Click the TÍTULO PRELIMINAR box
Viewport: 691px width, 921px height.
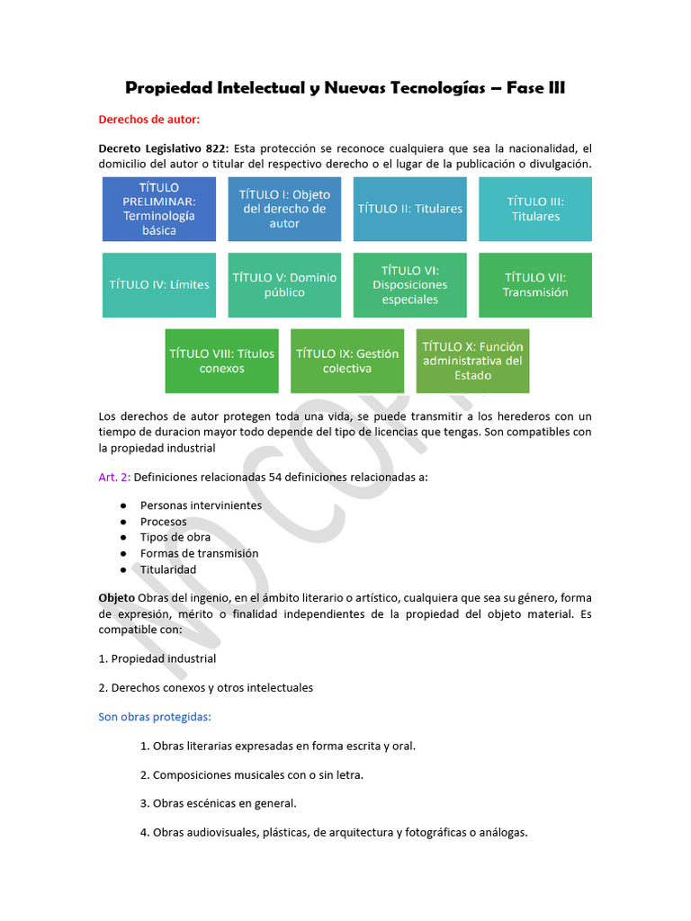pos(159,209)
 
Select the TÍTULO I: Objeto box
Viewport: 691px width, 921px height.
pos(284,209)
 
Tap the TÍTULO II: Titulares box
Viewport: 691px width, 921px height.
pos(409,209)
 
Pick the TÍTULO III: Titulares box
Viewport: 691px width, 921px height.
pos(535,209)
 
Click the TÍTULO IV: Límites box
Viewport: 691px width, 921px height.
pos(159,285)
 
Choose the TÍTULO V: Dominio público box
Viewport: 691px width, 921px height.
pos(284,285)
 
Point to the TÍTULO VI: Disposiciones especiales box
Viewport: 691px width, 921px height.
pos(409,285)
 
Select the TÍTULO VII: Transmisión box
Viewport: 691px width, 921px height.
pos(535,285)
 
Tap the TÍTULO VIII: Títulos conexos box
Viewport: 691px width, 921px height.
pos(221,361)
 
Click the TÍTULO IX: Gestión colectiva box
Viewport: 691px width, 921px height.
pos(347,361)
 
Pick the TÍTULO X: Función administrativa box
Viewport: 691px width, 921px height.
pos(472,361)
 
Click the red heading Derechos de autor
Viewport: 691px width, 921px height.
pos(149,119)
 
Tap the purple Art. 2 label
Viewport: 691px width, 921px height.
pos(113,477)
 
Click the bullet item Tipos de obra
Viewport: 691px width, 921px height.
pos(175,538)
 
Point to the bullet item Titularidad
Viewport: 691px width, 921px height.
pos(167,570)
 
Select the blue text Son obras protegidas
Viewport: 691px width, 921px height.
pos(154,717)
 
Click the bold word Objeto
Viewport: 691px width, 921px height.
pos(116,598)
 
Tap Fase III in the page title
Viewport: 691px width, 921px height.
pos(535,88)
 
